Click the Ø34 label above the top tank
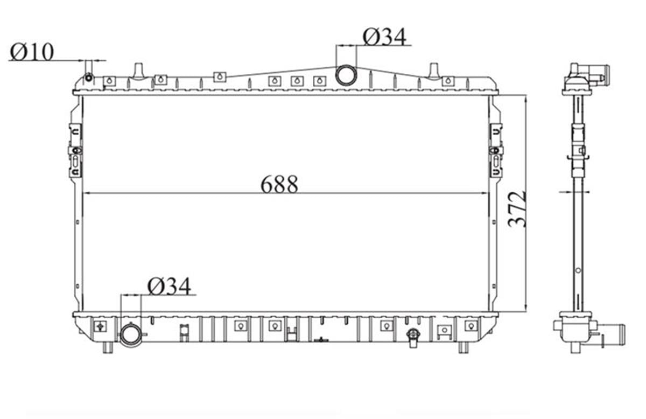(x=384, y=37)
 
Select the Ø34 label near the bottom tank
(x=169, y=287)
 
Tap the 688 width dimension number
(x=279, y=184)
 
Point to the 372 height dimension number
(x=518, y=209)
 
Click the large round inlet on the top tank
(x=346, y=75)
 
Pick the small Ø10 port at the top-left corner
(x=89, y=78)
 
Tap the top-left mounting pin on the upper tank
(x=139, y=71)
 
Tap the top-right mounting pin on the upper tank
(x=433, y=71)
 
